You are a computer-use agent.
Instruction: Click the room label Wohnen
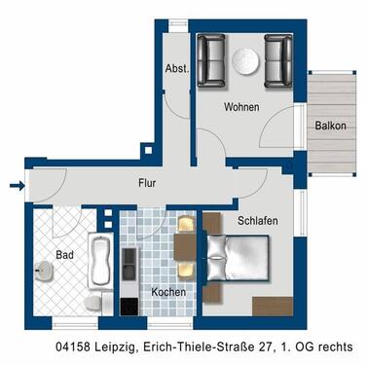[x=240, y=107]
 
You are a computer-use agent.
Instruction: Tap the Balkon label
[x=330, y=127]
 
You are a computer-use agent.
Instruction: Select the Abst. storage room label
[x=176, y=69]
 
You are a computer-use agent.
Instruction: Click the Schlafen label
[x=257, y=221]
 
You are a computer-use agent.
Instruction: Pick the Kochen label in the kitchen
[x=167, y=291]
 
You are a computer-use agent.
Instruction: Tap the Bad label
[x=65, y=254]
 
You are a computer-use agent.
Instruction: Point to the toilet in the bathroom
[x=92, y=305]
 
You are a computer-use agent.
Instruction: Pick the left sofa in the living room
[x=211, y=59]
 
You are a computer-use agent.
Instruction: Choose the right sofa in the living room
[x=278, y=59]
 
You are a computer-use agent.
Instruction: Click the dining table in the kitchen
[x=184, y=250]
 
